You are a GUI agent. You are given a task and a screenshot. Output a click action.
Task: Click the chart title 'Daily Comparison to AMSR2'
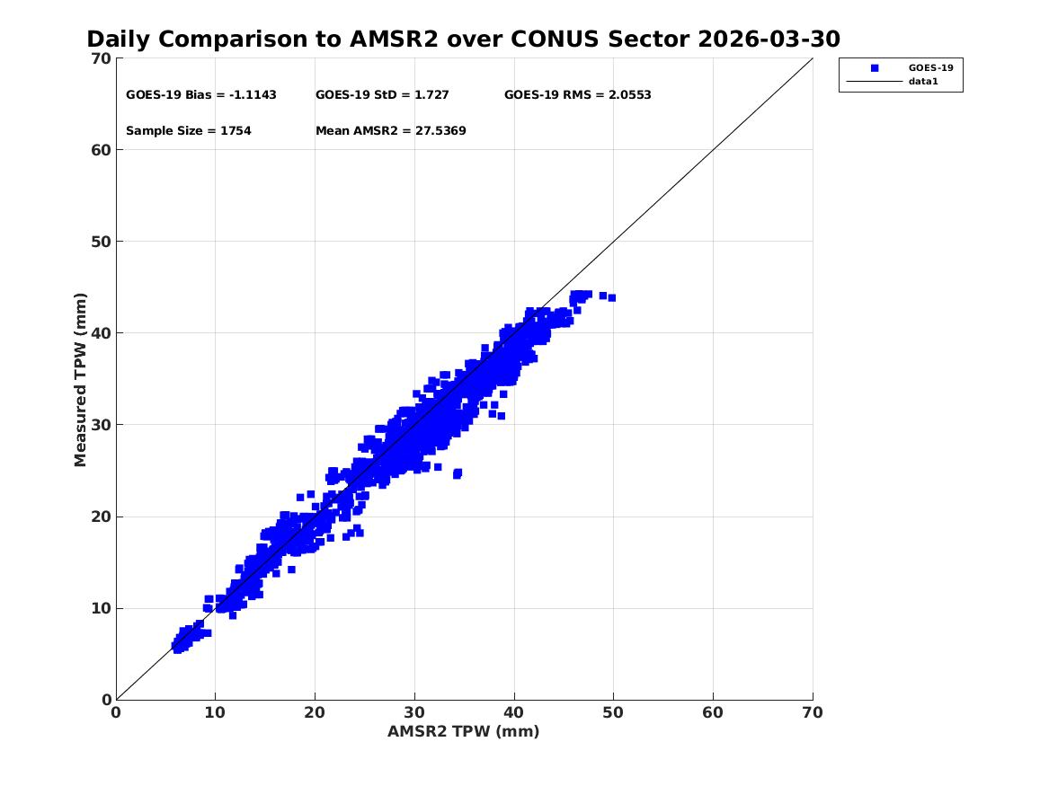click(x=262, y=40)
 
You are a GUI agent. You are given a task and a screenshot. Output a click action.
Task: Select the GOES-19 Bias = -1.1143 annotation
click(x=201, y=95)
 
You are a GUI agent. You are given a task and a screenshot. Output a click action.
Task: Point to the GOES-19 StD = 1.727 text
click(x=382, y=95)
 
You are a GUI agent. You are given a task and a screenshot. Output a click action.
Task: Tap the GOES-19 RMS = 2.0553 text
click(x=577, y=95)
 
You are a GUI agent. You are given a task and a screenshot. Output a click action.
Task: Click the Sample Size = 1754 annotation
click(x=189, y=131)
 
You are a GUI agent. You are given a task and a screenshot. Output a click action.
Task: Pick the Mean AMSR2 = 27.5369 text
click(x=391, y=131)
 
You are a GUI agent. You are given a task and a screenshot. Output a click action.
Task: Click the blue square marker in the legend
click(x=875, y=68)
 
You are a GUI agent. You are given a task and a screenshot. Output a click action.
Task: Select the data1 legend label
click(x=923, y=82)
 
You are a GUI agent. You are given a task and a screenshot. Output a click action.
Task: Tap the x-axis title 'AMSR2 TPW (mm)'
click(x=464, y=732)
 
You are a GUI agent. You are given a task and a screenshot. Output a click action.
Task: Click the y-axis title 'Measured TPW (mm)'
click(x=80, y=380)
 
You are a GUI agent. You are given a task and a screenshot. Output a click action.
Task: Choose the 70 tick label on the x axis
click(x=813, y=712)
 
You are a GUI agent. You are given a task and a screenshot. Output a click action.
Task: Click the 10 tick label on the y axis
click(x=101, y=608)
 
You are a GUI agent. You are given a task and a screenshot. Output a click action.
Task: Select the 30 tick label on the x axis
click(x=414, y=712)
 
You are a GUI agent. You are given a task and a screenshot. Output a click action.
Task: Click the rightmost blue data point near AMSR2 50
click(x=611, y=298)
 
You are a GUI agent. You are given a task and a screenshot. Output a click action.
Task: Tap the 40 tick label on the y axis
click(x=101, y=333)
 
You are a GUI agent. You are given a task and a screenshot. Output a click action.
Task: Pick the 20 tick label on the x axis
click(x=315, y=712)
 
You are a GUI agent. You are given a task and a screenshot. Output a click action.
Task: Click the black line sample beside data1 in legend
click(x=875, y=82)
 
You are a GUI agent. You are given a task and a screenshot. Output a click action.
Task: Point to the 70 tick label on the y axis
click(x=101, y=58)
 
